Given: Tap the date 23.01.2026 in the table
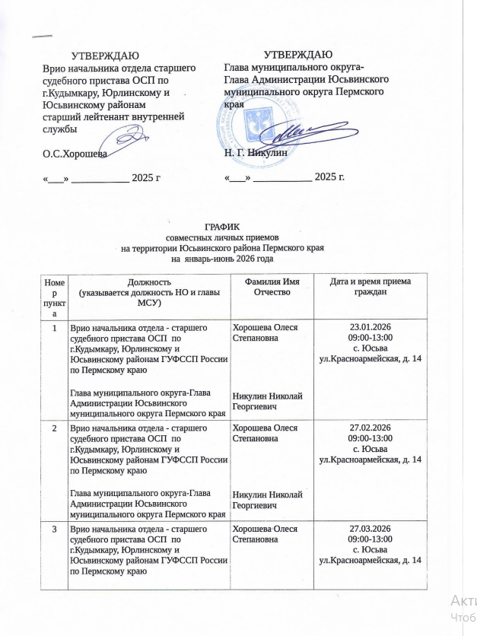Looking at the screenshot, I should pyautogui.click(x=370, y=327).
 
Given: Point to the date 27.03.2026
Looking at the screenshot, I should pyautogui.click(x=370, y=529).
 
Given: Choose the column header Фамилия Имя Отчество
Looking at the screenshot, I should pyautogui.click(x=266, y=287).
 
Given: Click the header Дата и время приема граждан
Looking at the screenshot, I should pyautogui.click(x=370, y=287).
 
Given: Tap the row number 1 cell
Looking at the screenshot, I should pyautogui.click(x=54, y=328).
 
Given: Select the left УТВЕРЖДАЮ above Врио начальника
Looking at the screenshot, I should pyautogui.click(x=105, y=56).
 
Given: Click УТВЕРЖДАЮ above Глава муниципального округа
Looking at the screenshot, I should pyautogui.click(x=297, y=54).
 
